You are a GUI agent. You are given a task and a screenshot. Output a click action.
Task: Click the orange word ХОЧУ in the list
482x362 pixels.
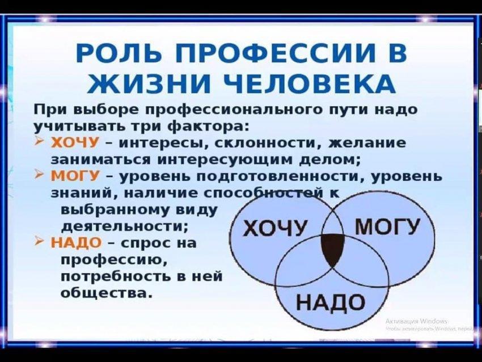(x=75, y=143)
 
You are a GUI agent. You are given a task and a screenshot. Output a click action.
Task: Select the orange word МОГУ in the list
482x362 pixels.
(x=75, y=176)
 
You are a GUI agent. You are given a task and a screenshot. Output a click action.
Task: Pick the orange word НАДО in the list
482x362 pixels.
(x=76, y=243)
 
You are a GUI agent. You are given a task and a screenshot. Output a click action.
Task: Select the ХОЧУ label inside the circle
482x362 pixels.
(x=275, y=229)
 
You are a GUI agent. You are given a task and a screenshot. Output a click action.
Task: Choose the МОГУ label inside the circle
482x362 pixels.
(x=387, y=226)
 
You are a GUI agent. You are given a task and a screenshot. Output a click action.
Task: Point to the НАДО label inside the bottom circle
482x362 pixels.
(x=330, y=302)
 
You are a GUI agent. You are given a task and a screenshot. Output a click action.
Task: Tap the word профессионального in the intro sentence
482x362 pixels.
(x=235, y=111)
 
